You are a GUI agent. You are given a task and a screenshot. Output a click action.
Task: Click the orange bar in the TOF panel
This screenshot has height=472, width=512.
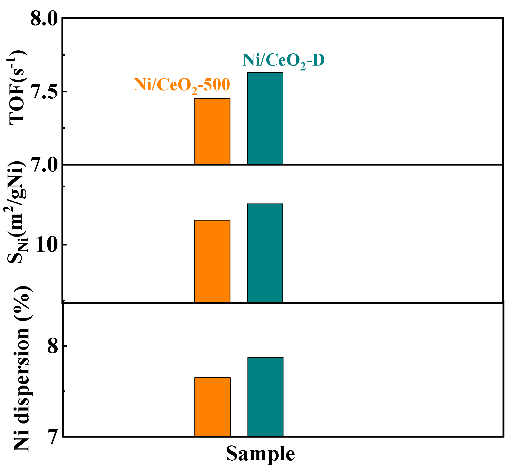coord(212,131)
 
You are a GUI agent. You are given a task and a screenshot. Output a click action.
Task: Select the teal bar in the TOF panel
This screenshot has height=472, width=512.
coord(265,118)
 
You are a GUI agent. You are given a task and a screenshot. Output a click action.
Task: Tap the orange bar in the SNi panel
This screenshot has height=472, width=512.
coord(212,261)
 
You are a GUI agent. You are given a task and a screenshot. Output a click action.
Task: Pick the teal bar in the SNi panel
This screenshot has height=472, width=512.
coord(265,253)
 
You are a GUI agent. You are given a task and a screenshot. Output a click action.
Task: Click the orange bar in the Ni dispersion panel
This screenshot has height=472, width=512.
coord(212,406)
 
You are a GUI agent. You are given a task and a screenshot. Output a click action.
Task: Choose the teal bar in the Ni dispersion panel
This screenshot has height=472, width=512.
coord(265,397)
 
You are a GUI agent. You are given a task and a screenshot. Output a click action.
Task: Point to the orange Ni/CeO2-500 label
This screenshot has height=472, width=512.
coord(182,85)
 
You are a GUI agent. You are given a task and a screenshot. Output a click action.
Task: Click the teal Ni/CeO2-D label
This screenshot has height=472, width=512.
coord(283,61)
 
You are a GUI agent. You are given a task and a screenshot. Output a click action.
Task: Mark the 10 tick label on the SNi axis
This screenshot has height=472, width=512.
coord(47,245)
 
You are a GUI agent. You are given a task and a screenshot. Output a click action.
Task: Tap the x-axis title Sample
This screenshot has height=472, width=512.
coord(260,454)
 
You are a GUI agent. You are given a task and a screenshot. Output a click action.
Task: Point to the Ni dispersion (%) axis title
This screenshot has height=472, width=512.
coord(22,368)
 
